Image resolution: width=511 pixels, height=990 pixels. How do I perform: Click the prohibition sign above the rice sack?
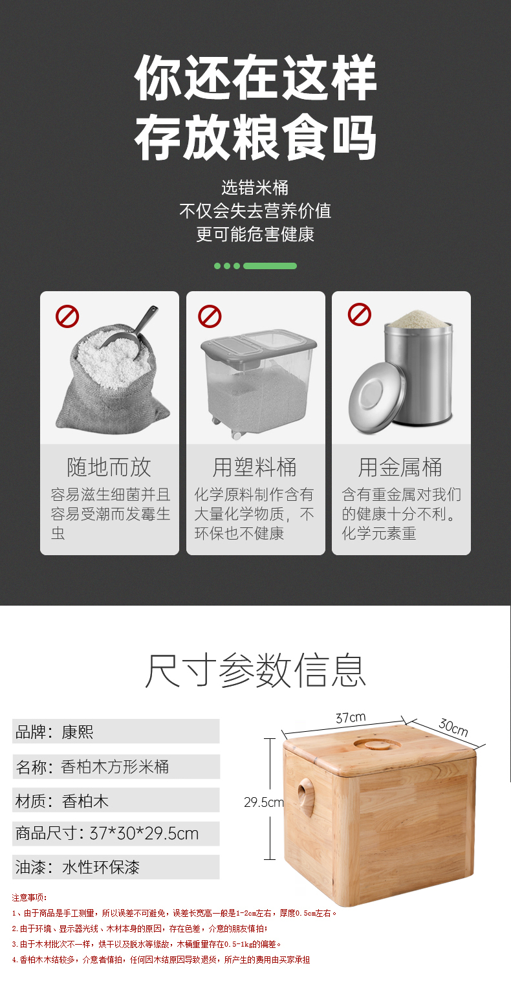[x=67, y=316]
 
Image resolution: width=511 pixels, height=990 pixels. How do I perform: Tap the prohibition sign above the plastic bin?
[x=210, y=316]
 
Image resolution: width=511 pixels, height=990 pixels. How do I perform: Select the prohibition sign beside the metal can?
[x=360, y=314]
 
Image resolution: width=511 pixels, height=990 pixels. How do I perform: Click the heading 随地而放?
[x=109, y=467]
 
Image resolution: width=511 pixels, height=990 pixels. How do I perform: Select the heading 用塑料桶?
[x=255, y=467]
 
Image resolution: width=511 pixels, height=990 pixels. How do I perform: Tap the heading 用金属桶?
[x=400, y=467]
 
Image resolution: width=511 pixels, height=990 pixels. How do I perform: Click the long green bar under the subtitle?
[x=270, y=266]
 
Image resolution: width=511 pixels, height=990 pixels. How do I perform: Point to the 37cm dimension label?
[x=351, y=718]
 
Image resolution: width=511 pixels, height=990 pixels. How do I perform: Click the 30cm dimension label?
[x=453, y=727]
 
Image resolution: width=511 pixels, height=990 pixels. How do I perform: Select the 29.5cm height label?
[x=264, y=802]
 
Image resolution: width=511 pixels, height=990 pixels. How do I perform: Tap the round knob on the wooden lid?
[x=378, y=744]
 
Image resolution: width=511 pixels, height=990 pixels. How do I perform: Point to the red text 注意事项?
[x=29, y=897]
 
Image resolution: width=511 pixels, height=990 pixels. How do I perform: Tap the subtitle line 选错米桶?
[x=255, y=188]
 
